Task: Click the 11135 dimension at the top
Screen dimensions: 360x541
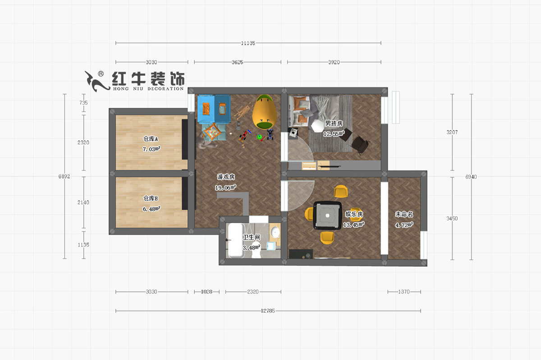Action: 248,43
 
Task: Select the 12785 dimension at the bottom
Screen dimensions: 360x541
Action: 268,311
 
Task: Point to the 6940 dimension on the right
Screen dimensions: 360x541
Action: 471,177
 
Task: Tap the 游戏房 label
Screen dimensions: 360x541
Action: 226,177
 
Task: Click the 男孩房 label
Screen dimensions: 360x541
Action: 334,123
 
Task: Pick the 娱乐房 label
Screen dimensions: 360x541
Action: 354,214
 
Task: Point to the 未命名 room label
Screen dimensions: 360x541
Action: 404,214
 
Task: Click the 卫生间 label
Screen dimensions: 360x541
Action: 251,237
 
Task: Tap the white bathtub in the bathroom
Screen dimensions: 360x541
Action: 235,241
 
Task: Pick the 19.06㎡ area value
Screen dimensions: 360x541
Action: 226,187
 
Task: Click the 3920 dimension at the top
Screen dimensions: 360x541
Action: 334,62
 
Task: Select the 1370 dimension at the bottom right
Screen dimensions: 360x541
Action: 403,292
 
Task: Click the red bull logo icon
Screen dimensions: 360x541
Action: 96,80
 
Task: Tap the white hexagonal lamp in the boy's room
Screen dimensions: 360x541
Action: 318,125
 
